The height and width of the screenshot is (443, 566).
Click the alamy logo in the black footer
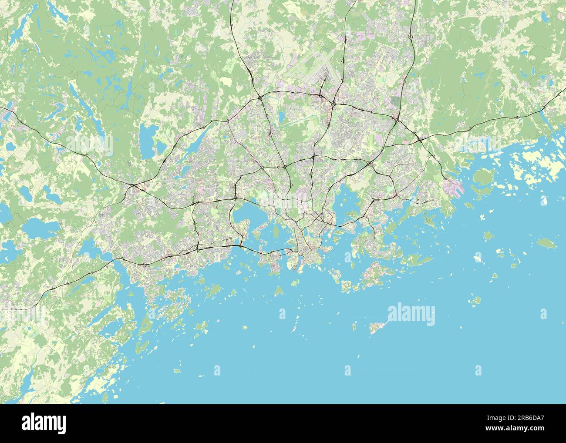[44, 423]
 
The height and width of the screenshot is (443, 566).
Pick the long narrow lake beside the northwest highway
[199, 140]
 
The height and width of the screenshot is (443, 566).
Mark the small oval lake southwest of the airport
[281, 116]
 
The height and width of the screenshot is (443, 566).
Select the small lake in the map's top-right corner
[544, 17]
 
